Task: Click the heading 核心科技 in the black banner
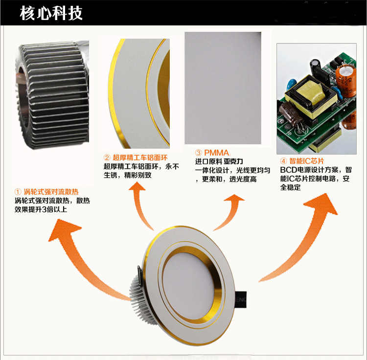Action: [x=51, y=13]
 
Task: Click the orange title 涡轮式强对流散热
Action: [x=51, y=192]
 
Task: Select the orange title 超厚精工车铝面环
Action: [x=140, y=157]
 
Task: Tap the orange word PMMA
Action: [x=217, y=153]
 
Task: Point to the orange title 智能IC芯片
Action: [x=307, y=161]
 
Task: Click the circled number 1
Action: [x=18, y=192]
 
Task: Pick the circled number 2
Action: [x=107, y=158]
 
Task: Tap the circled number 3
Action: [x=199, y=153]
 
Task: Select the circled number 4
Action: [x=283, y=161]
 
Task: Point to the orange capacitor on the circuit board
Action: [x=346, y=80]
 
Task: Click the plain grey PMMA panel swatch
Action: [x=223, y=88]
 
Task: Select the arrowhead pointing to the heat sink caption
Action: [x=65, y=230]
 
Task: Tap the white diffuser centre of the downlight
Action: [x=188, y=286]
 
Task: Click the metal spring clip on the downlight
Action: [x=139, y=275]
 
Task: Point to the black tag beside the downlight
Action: [x=241, y=300]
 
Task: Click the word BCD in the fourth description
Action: [x=288, y=170]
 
